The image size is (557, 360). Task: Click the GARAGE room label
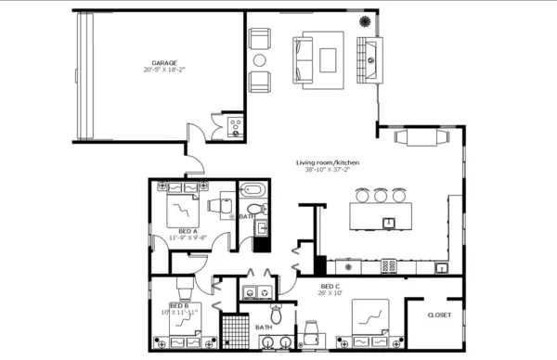click(x=164, y=63)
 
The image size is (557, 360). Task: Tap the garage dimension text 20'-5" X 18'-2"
click(x=164, y=71)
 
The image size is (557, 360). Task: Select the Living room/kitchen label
click(x=328, y=162)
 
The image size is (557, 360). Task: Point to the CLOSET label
click(x=439, y=315)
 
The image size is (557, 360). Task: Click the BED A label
click(x=187, y=230)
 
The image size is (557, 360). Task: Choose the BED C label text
click(x=330, y=286)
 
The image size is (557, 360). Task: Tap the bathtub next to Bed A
click(x=253, y=193)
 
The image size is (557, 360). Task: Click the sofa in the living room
click(x=304, y=58)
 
